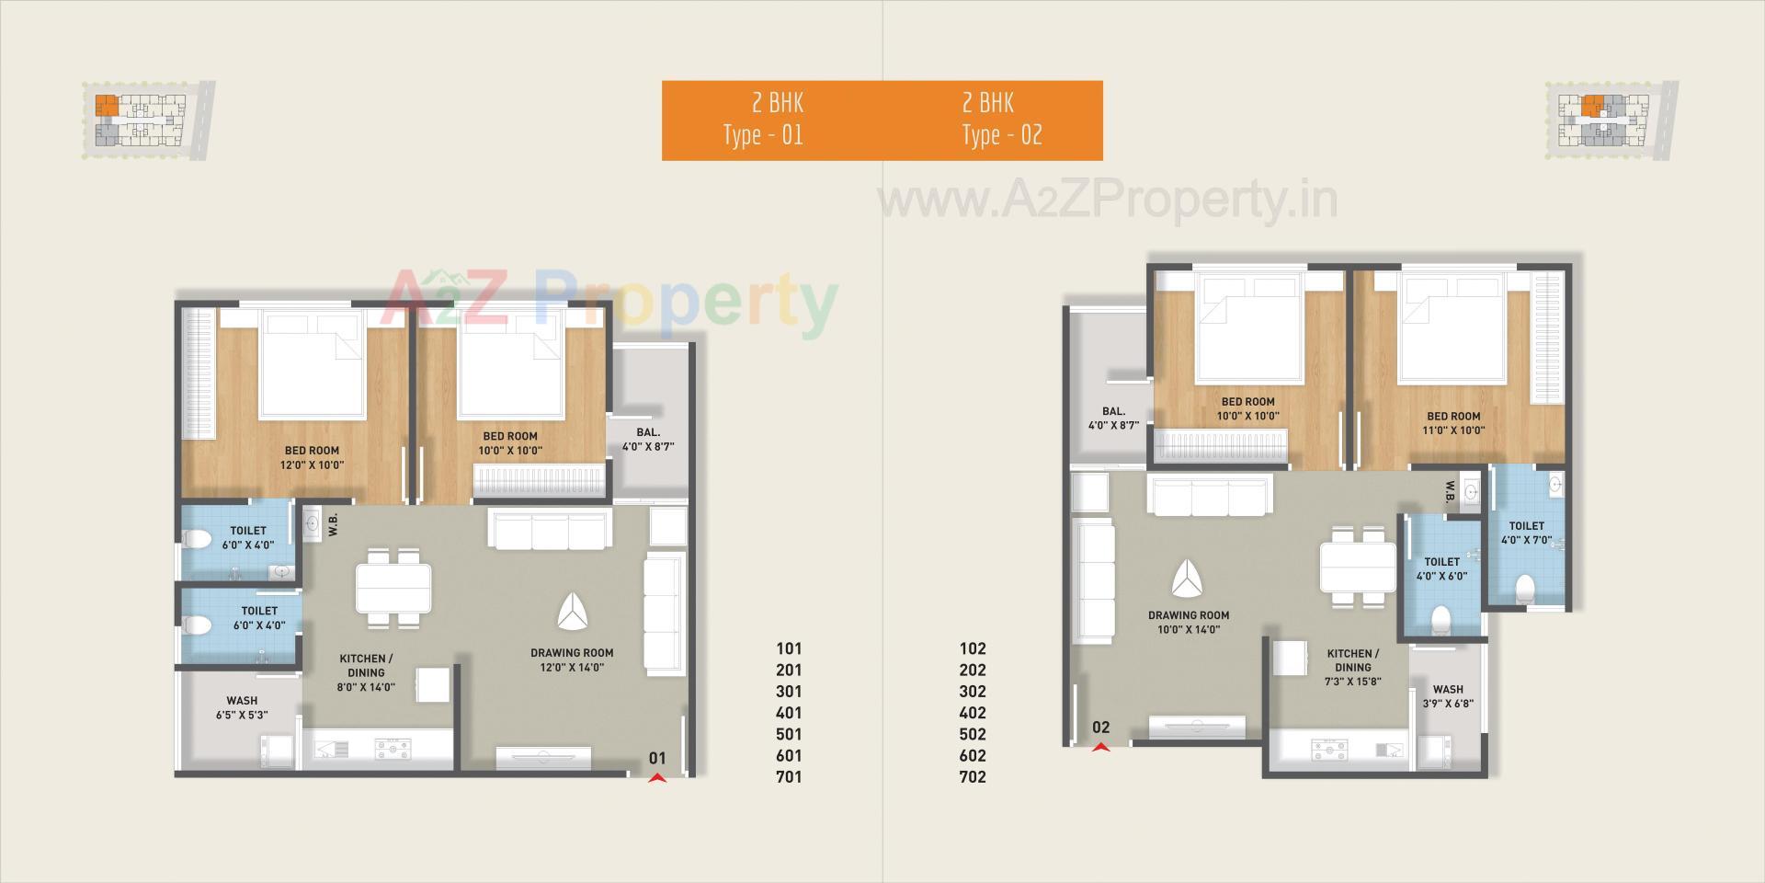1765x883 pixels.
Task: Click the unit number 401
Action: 789,713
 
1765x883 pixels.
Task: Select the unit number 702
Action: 973,777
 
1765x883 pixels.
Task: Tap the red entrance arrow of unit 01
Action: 656,779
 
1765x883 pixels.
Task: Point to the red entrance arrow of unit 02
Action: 1100,747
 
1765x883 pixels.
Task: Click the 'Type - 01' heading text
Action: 763,135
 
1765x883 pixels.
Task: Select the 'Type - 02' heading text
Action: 1002,135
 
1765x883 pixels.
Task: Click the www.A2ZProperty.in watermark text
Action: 1108,201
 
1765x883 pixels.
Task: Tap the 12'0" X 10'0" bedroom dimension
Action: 312,465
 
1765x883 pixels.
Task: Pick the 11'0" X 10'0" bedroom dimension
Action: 1453,430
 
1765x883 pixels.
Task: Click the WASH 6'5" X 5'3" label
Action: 242,707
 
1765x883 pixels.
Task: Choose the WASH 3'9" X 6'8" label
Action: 1448,696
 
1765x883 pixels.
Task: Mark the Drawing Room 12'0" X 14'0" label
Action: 572,660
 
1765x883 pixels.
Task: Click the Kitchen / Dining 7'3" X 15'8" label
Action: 1352,668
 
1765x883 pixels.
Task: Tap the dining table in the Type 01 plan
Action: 393,587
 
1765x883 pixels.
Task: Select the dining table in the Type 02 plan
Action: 1358,567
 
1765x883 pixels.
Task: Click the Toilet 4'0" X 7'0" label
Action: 1526,533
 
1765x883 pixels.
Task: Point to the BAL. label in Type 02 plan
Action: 1113,419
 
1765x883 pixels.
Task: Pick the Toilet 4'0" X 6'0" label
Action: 1441,569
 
